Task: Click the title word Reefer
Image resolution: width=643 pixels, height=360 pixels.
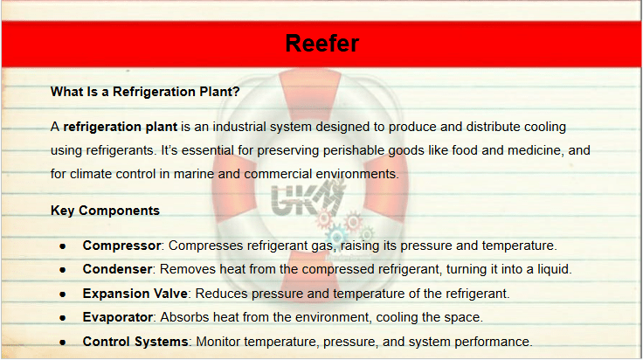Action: [x=321, y=44]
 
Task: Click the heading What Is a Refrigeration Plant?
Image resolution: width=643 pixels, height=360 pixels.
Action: [x=145, y=92]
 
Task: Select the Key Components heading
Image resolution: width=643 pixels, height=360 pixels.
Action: [x=106, y=211]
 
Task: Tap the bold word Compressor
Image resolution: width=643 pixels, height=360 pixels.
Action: [x=121, y=246]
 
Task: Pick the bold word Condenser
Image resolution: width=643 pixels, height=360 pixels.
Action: [x=118, y=269]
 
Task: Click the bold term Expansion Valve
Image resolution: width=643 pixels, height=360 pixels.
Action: [x=135, y=294]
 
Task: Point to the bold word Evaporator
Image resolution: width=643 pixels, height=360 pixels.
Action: [x=118, y=317]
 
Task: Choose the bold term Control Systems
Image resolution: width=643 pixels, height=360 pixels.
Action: [x=135, y=342]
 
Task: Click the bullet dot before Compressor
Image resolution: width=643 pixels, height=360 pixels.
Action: [x=63, y=246]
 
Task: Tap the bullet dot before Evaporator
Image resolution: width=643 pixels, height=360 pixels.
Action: [x=63, y=318]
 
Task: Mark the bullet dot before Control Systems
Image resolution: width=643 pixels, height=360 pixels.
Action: [x=63, y=343]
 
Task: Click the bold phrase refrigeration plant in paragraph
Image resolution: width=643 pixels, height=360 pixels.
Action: [x=121, y=127]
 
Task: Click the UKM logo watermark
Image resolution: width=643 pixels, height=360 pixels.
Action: [x=308, y=198]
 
